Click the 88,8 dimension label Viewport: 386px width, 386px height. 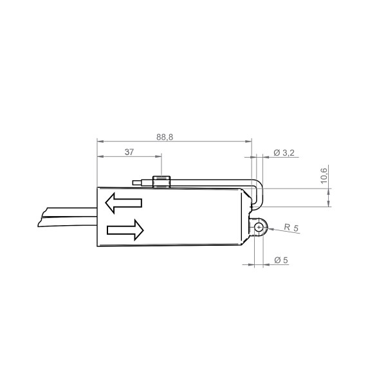click(x=165, y=137)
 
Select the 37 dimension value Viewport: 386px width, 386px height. click(x=129, y=152)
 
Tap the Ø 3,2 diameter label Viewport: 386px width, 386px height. click(x=284, y=153)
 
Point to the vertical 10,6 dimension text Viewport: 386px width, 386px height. click(x=324, y=176)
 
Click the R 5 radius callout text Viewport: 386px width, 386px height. click(x=291, y=228)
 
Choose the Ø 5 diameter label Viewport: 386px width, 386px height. click(x=281, y=260)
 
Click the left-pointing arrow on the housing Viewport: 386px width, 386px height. click(x=124, y=203)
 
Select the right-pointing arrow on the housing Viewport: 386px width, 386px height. click(x=125, y=230)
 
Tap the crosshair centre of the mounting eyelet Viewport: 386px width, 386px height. click(x=259, y=228)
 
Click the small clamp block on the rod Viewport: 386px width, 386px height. click(x=161, y=182)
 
